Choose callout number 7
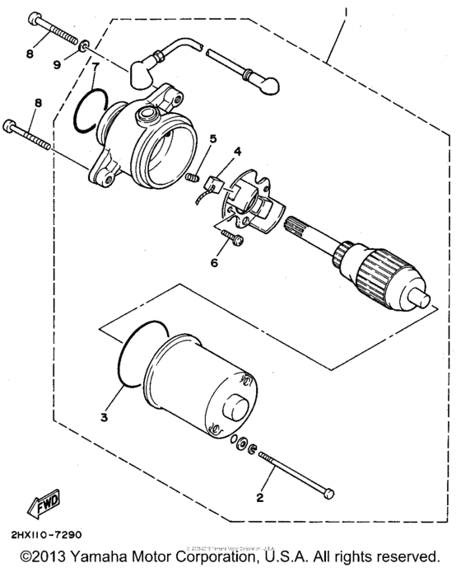95,67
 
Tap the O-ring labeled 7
88,110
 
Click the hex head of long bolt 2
328,494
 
